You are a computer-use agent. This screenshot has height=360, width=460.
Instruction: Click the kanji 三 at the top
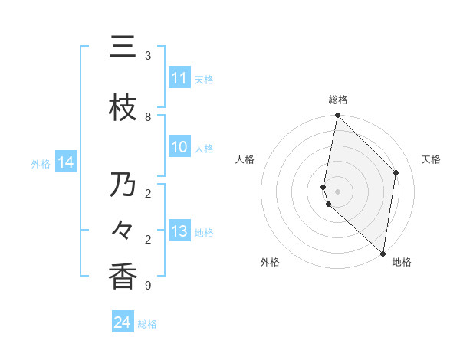pyautogui.click(x=123, y=47)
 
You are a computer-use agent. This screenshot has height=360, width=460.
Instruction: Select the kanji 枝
pyautogui.click(x=123, y=108)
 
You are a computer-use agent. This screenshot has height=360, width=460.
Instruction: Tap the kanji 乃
pyautogui.click(x=123, y=185)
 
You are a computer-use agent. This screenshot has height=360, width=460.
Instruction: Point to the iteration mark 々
pyautogui.click(x=123, y=231)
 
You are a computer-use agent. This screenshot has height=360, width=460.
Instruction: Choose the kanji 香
pyautogui.click(x=123, y=277)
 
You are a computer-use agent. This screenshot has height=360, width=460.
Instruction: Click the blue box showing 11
pyautogui.click(x=179, y=78)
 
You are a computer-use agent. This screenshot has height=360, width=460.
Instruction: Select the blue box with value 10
pyautogui.click(x=179, y=147)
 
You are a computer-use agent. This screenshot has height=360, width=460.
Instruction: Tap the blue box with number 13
pyautogui.click(x=179, y=231)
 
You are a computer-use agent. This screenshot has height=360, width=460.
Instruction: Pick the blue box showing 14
pyautogui.click(x=66, y=162)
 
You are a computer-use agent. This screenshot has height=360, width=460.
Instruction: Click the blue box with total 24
pyautogui.click(x=123, y=323)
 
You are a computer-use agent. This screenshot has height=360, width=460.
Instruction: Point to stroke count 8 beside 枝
pyautogui.click(x=148, y=116)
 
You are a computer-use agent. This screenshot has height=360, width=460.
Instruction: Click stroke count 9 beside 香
pyautogui.click(x=148, y=285)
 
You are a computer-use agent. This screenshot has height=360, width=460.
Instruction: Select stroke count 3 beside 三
pyautogui.click(x=148, y=55)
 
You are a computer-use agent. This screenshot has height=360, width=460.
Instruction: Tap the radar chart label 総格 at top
pyautogui.click(x=338, y=100)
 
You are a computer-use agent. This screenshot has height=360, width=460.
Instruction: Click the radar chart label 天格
pyautogui.click(x=431, y=159)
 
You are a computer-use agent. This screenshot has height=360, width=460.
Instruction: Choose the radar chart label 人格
pyautogui.click(x=245, y=159)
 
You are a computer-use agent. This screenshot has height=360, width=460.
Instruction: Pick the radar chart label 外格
pyautogui.click(x=269, y=262)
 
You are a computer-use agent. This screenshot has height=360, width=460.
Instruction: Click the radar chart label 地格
pyautogui.click(x=402, y=262)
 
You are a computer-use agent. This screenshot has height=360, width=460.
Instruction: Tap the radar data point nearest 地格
pyautogui.click(x=383, y=253)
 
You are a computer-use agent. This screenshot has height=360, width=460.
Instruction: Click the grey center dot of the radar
pyautogui.click(x=338, y=191)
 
